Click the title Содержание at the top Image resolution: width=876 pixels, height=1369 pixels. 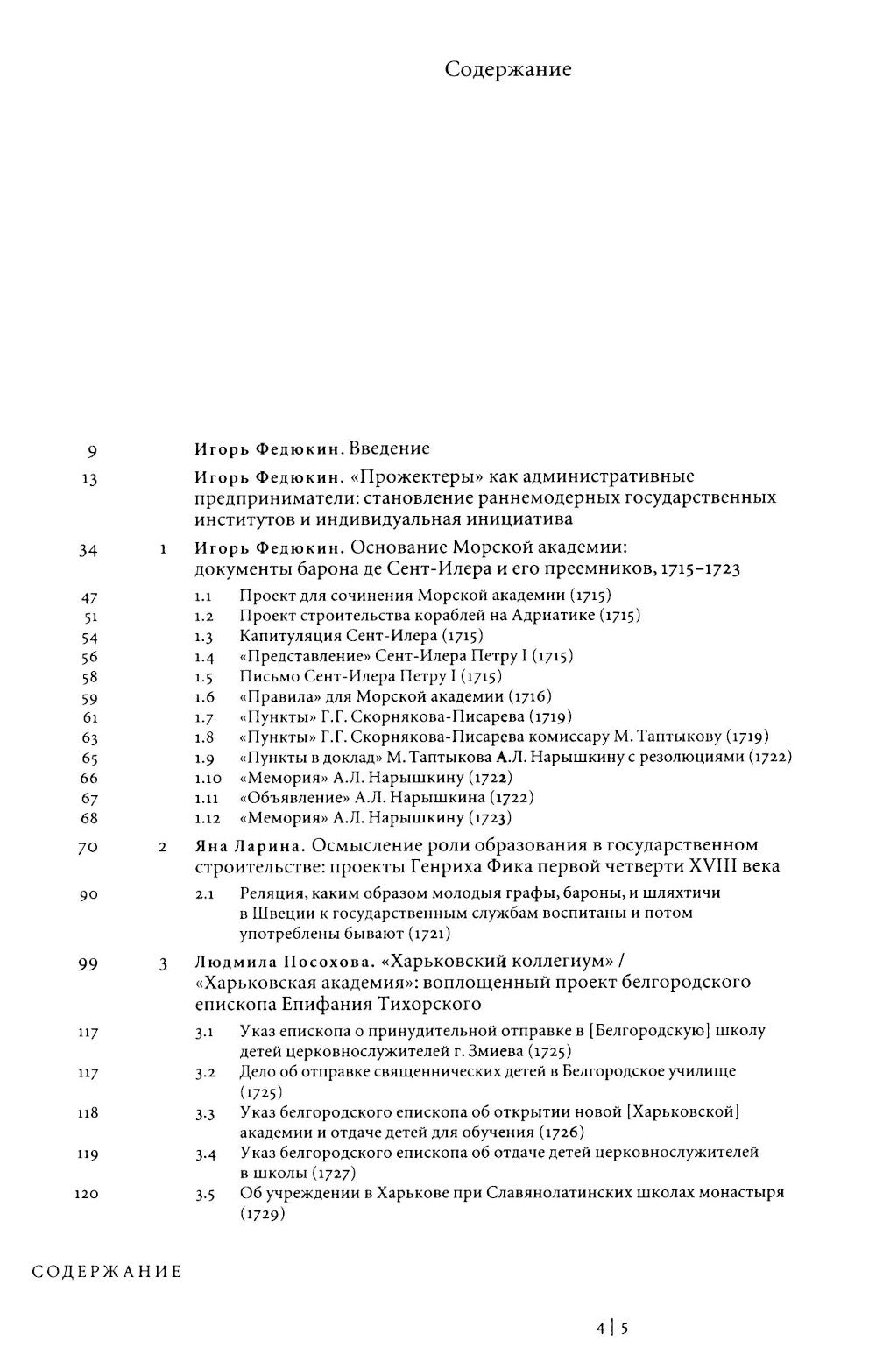point(507,69)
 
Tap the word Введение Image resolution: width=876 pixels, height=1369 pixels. point(389,448)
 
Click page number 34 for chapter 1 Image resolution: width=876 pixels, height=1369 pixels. point(88,550)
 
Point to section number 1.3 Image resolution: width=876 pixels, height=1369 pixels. point(204,637)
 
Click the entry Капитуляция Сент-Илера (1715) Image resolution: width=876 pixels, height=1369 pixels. point(361,636)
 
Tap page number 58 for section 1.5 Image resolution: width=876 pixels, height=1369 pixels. point(88,678)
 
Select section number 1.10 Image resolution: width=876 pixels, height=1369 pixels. point(208,778)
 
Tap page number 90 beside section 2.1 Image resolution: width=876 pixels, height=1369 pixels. point(88,895)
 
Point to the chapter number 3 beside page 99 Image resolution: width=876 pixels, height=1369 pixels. point(163,965)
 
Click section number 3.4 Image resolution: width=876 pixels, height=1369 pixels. point(205,1154)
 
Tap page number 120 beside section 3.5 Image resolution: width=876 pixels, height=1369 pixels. point(87,1194)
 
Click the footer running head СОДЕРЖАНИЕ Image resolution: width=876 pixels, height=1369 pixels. point(107,1271)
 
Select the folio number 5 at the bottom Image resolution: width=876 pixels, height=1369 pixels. point(625,1328)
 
